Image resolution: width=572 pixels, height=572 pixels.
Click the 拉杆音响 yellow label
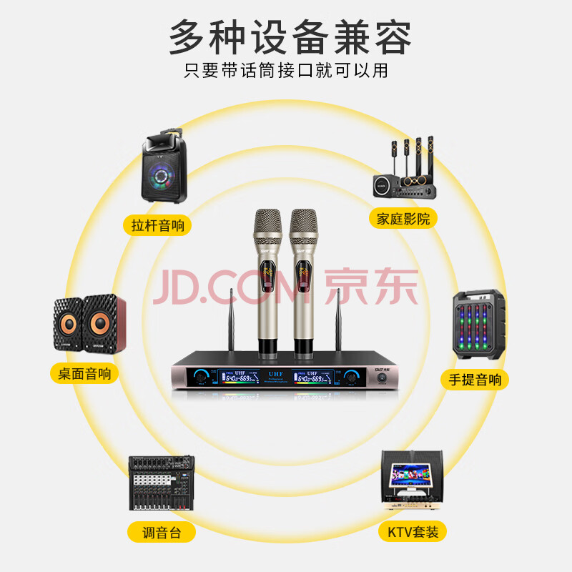coord(158,226)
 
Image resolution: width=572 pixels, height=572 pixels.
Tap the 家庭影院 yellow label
coord(403,218)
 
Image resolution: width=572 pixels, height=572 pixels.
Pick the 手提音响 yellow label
coord(475,379)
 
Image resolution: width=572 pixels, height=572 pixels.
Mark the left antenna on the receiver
coord(230,322)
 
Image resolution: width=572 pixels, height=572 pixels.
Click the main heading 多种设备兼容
coord(290,37)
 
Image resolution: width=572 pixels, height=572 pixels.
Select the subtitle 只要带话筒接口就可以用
coord(286,71)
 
